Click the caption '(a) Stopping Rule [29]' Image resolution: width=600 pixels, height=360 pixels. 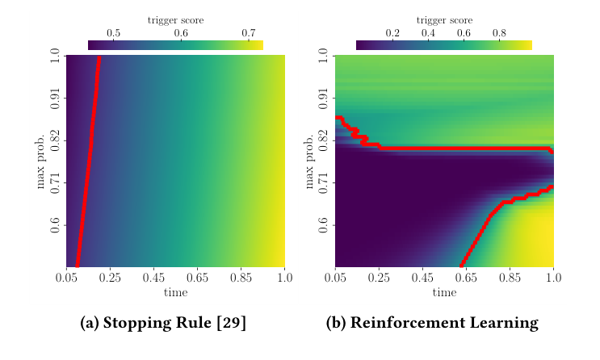163,324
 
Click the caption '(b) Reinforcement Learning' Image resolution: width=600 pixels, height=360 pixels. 431,324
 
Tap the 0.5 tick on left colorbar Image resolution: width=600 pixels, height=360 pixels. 113,33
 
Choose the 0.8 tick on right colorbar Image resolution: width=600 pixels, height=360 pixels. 499,33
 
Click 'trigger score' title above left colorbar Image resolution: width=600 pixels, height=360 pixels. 175,19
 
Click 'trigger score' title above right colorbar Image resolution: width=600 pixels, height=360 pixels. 443,19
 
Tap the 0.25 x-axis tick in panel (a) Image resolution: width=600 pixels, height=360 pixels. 110,278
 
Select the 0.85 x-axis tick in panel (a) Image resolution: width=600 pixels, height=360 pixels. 241,278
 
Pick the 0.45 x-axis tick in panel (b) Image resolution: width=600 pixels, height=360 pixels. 422,278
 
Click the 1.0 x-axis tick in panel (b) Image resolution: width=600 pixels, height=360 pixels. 553,278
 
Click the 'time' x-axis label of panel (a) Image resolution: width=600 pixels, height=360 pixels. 175,292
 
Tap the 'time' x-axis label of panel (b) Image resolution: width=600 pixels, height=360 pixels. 444,292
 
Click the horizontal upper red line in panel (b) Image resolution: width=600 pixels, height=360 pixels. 452,149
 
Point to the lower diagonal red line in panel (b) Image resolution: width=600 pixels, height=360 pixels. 485,228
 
